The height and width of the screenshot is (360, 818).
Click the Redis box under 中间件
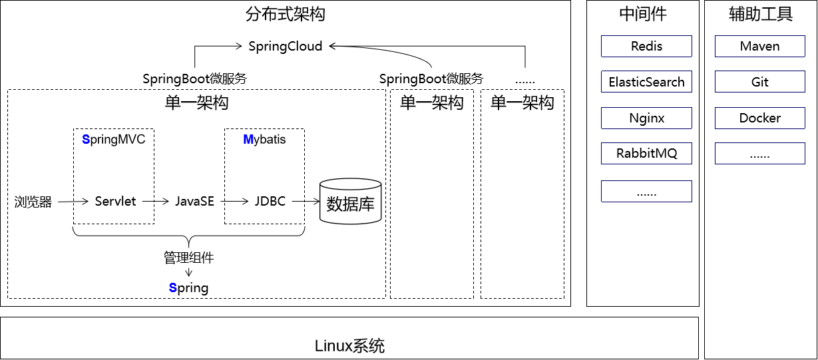point(646,47)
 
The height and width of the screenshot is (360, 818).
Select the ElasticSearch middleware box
point(646,82)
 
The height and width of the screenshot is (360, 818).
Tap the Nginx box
point(646,118)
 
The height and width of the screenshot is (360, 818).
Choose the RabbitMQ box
point(646,153)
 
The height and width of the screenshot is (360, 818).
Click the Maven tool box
point(759,47)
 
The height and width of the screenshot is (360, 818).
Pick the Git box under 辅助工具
point(759,82)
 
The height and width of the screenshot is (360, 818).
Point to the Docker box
point(759,118)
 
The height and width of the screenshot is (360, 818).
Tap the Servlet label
point(115,201)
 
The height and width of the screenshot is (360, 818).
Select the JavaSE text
point(194,201)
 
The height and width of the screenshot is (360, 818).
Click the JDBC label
point(270,201)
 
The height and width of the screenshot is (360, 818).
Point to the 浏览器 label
point(33,202)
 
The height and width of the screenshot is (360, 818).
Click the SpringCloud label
point(286,46)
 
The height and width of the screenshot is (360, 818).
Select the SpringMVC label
point(113,140)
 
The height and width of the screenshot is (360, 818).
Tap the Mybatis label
point(264,140)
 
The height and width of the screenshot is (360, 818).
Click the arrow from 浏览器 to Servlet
point(73,201)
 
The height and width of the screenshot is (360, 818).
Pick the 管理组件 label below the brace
point(189,258)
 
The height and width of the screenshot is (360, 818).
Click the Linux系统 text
point(349,346)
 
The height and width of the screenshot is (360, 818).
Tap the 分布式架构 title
point(286,14)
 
